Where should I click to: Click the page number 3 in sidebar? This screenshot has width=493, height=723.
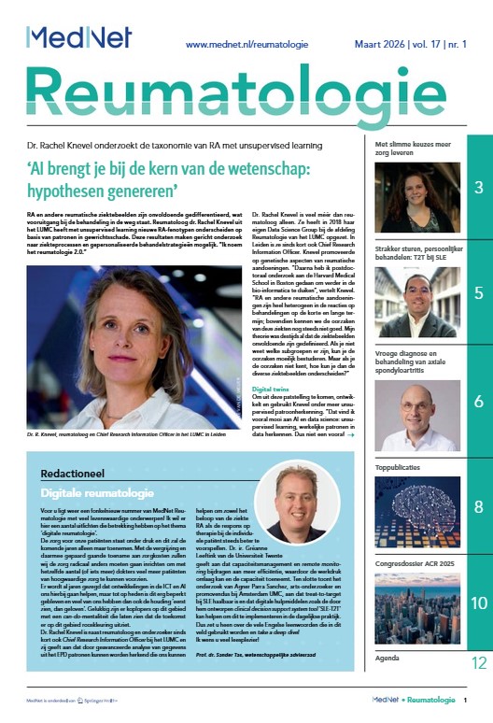pyautogui.click(x=478, y=189)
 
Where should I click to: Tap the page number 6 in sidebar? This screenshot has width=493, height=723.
pyautogui.click(x=478, y=403)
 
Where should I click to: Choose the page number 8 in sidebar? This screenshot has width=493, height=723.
pyautogui.click(x=478, y=507)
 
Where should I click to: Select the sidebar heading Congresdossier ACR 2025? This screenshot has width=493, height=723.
pyautogui.click(x=416, y=551)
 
